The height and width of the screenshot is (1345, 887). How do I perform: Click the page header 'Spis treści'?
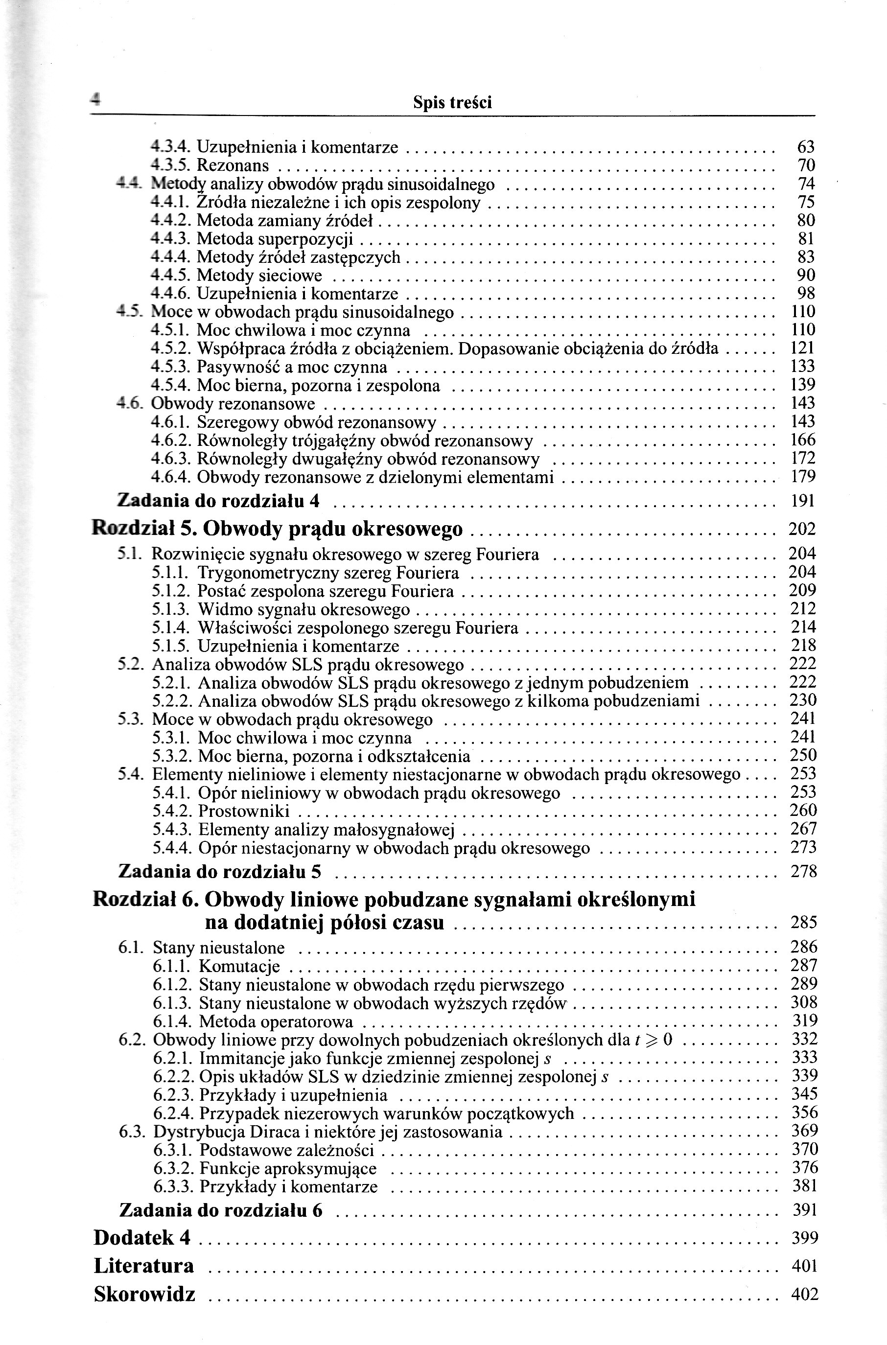[x=452, y=102]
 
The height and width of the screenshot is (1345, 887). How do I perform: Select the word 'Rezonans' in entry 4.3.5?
[x=233, y=166]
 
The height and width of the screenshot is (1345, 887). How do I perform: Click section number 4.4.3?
[x=171, y=239]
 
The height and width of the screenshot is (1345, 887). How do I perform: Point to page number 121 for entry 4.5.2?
[x=803, y=348]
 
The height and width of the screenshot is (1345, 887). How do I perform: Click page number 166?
[x=803, y=440]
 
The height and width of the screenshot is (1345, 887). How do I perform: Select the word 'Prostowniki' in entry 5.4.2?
[x=244, y=811]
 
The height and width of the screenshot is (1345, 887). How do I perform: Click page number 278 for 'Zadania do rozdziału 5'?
[x=804, y=872]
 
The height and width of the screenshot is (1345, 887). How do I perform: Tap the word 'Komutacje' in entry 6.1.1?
[x=239, y=967]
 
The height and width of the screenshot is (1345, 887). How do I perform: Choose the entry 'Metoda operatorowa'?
[x=276, y=1022]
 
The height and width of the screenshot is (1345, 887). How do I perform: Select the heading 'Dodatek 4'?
[x=142, y=1237]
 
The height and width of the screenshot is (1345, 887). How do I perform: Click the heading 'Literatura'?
[x=144, y=1265]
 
